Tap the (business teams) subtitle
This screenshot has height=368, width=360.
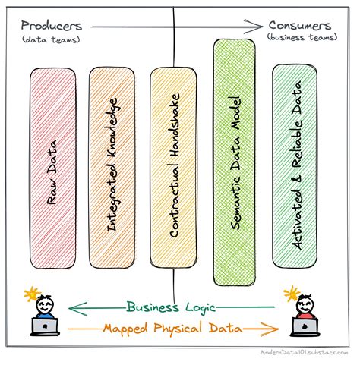click(302, 37)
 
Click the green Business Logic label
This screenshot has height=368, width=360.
click(172, 307)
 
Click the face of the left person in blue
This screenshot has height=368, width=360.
click(45, 306)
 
